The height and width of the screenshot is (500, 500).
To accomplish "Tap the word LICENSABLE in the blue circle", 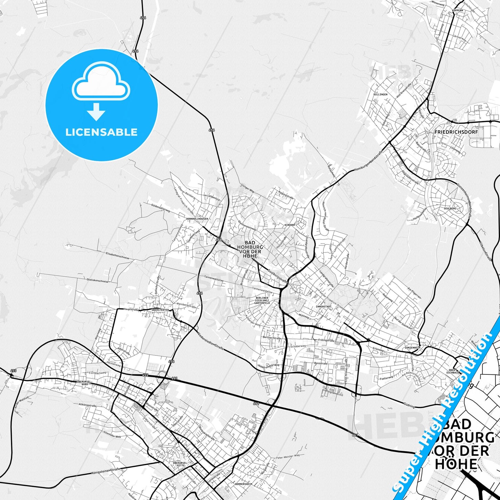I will coord(101,132).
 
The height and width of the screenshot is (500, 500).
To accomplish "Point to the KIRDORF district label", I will coord(290,225).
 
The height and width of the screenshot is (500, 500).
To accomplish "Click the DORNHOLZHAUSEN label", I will coord(197,219).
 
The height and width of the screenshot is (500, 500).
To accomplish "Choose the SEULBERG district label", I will coord(450,209).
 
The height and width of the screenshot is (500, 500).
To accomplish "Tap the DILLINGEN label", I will coord(380,94).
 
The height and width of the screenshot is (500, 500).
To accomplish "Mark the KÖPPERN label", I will coord(457,10).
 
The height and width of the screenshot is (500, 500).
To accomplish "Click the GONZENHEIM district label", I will coord(412,347).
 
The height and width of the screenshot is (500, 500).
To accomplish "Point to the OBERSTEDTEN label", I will coord(160,310).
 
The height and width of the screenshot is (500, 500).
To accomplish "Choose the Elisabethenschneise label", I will coord(117,258).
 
